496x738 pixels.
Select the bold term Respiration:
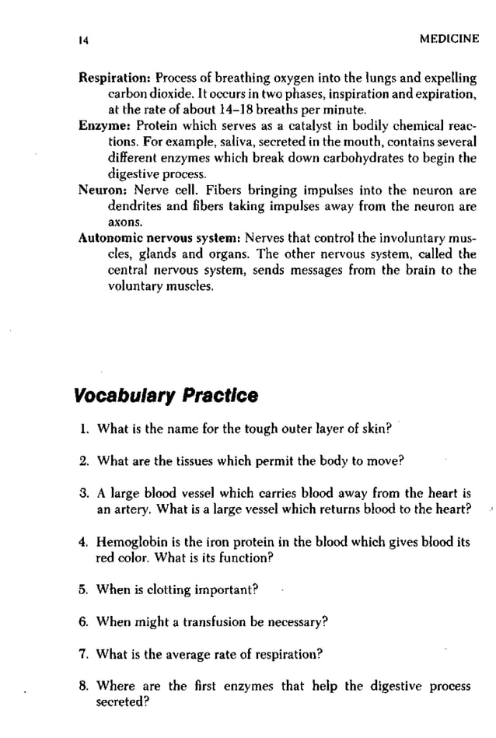tap(115, 79)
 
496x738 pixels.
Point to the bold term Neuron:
tap(105, 190)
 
